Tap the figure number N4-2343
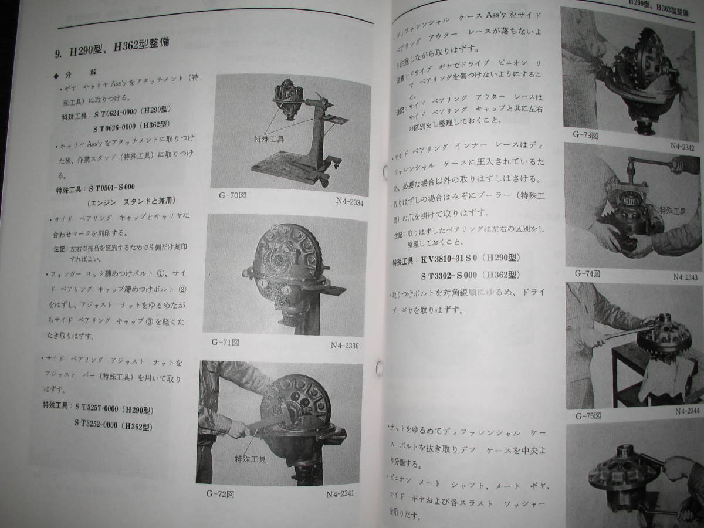pyautogui.click(x=685, y=277)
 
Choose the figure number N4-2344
pyautogui.click(x=688, y=411)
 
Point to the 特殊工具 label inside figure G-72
pyautogui.click(x=250, y=459)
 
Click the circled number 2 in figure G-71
pyautogui.click(x=273, y=227)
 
